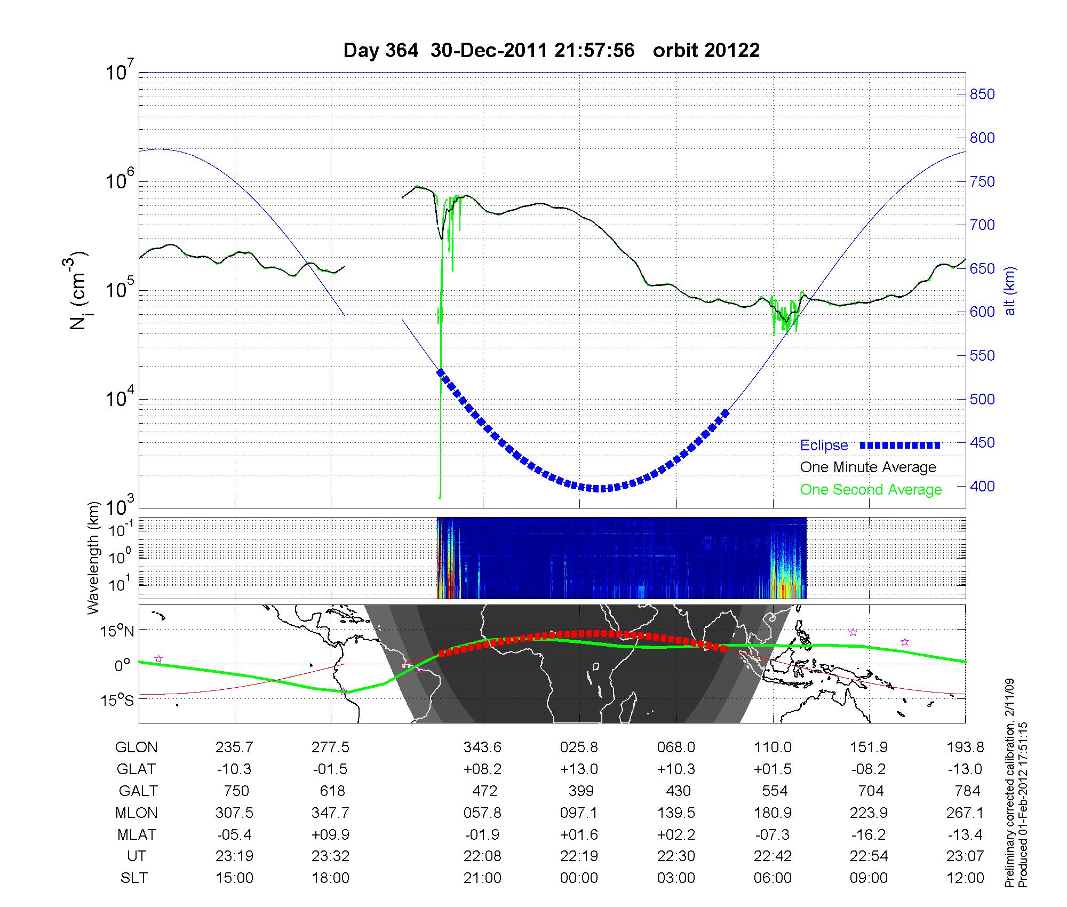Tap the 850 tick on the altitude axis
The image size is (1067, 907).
point(982,94)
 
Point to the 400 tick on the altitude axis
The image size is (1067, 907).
point(982,487)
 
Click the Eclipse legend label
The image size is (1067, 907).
point(824,445)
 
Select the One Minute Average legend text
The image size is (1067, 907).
point(868,467)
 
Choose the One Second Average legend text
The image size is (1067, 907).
point(871,490)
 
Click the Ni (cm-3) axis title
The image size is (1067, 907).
point(79,291)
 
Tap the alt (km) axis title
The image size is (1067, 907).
point(1010,291)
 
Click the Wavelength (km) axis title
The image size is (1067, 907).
point(94,558)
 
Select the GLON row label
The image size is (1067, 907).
point(136,747)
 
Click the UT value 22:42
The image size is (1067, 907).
point(773,856)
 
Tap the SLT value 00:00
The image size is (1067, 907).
point(579,878)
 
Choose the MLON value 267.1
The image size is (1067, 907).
point(965,813)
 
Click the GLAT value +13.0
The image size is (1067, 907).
point(579,769)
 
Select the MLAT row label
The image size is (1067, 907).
point(137,834)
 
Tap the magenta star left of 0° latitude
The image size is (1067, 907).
point(158,659)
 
